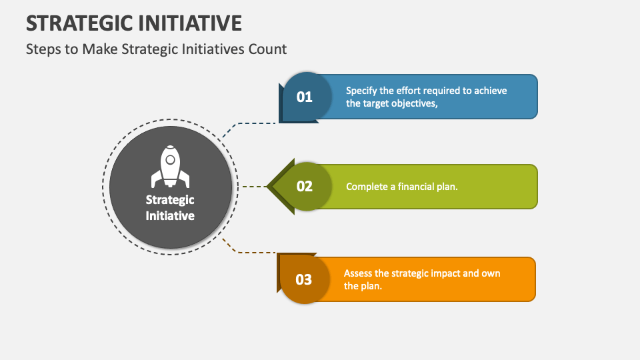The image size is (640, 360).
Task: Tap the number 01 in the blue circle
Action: coord(304,97)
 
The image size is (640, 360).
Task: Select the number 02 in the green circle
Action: coord(304,187)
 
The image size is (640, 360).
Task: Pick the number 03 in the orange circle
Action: coord(303,279)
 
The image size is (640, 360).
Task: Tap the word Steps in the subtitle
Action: coord(42,49)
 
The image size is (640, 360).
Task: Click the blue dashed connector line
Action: coord(250,123)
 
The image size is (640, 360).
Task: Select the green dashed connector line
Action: coord(252,187)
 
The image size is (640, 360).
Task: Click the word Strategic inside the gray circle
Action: coord(170,200)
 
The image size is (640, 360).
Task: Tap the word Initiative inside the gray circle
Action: coord(170,215)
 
